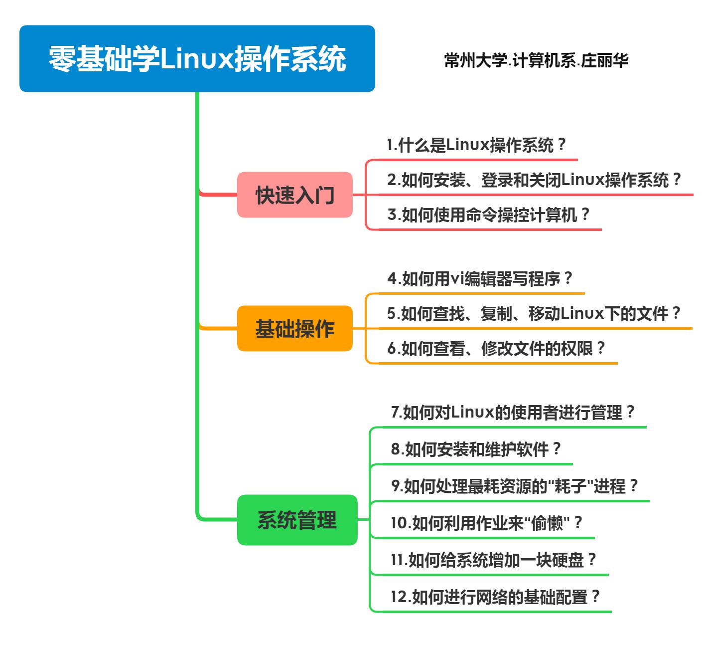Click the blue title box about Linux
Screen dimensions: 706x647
(197, 58)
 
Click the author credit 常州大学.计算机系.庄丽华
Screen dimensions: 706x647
(536, 60)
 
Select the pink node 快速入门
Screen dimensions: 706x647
(295, 195)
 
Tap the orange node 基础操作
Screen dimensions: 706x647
(295, 328)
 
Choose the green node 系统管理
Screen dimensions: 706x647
(297, 520)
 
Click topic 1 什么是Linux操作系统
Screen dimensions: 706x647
(476, 145)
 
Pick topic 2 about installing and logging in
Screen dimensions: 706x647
(534, 180)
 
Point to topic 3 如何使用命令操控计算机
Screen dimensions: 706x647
(488, 215)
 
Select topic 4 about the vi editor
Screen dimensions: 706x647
(480, 278)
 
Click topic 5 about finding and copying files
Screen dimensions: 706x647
(534, 313)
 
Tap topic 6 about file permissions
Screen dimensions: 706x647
(496, 348)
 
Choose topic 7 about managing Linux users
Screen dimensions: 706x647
(512, 412)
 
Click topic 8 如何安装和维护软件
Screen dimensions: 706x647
(476, 449)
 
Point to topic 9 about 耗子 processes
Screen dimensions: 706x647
(514, 486)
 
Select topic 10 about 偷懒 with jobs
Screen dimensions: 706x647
(486, 523)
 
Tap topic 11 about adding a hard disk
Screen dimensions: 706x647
(493, 560)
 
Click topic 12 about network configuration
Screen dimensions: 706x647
(495, 597)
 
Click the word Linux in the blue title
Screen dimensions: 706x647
(197, 58)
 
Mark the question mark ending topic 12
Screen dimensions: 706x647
(595, 596)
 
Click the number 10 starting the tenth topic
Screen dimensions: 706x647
(399, 523)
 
